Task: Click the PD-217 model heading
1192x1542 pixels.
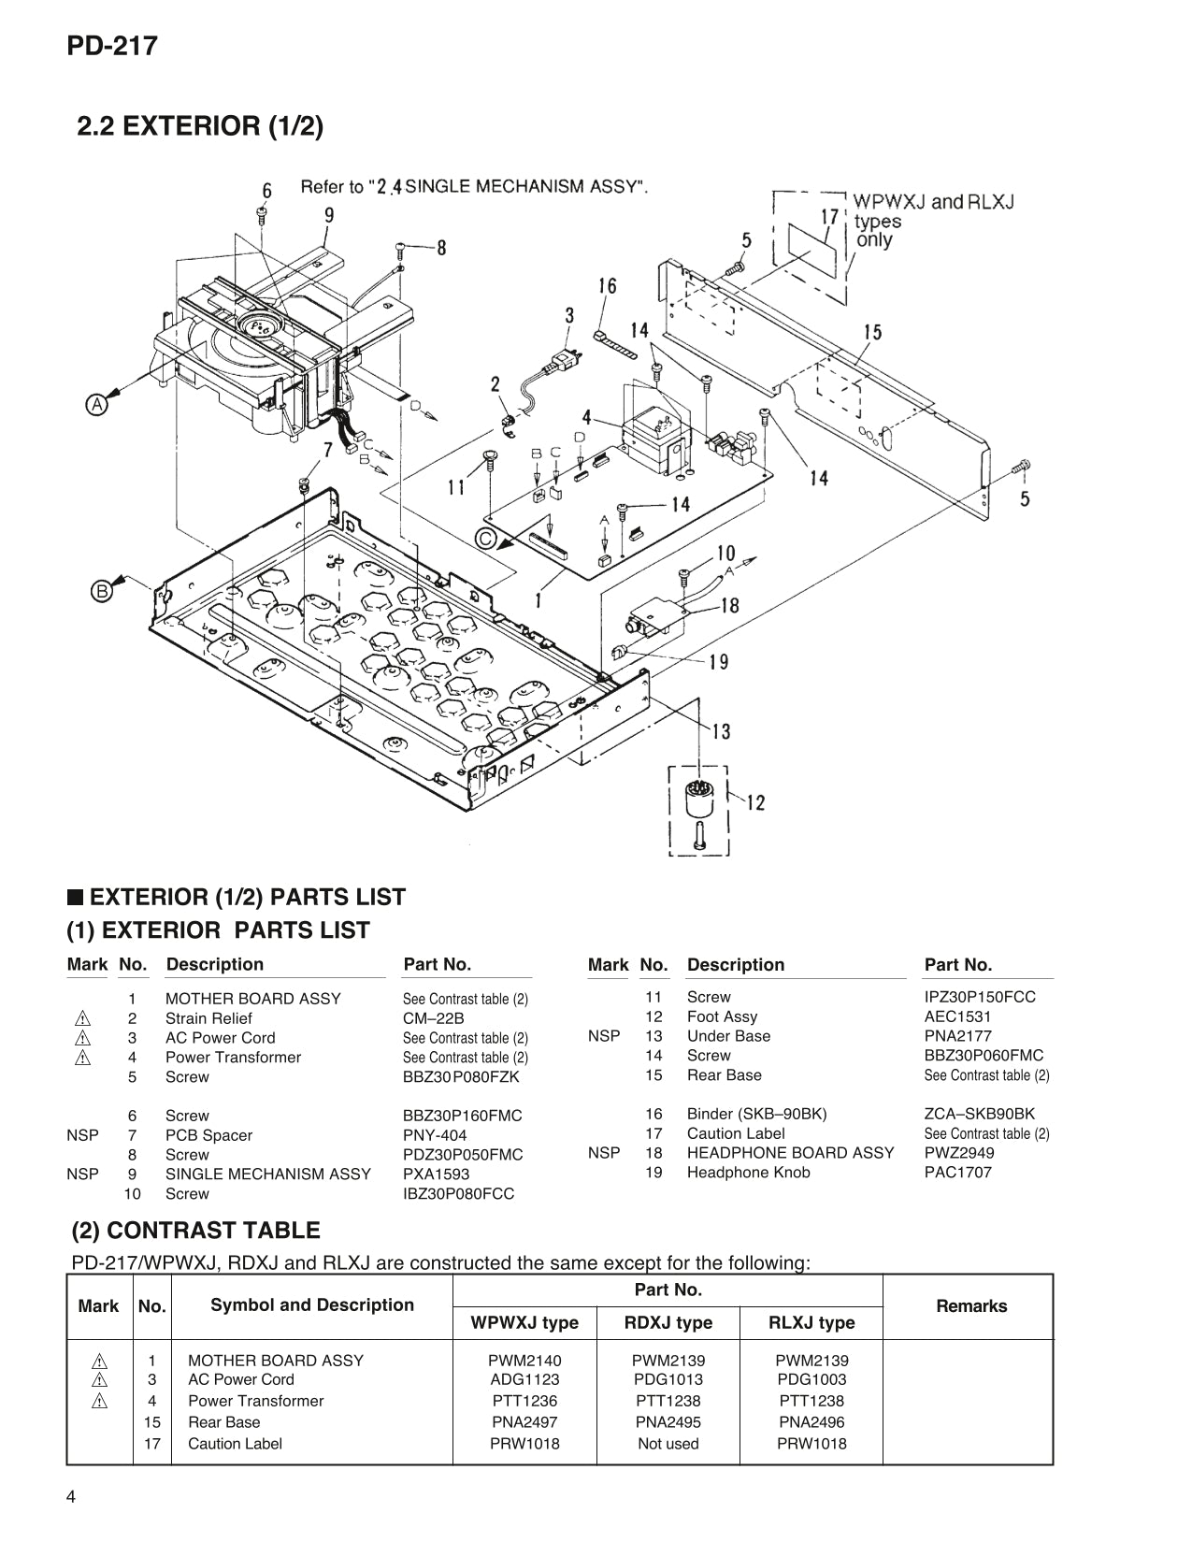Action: [x=111, y=46]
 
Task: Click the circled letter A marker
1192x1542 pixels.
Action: [x=96, y=405]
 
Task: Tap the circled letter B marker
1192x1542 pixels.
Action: [x=102, y=590]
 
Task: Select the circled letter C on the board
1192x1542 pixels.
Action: [x=485, y=539]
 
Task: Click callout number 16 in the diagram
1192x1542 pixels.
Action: [x=608, y=285]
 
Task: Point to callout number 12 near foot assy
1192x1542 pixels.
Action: [x=754, y=801]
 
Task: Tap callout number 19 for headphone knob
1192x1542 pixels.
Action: [x=718, y=662]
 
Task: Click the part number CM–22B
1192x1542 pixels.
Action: [x=433, y=1018]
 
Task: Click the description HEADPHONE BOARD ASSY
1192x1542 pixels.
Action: [x=790, y=1153]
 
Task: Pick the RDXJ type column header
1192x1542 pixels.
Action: [x=668, y=1322]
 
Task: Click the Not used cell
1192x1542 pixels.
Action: [x=668, y=1443]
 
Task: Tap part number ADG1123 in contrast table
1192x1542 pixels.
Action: [x=524, y=1379]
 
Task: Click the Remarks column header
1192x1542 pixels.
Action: [x=970, y=1305]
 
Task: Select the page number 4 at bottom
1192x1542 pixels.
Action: [x=71, y=1497]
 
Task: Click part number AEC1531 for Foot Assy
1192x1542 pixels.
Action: [x=957, y=1016]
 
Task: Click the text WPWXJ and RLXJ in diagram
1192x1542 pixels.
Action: [x=933, y=201]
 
